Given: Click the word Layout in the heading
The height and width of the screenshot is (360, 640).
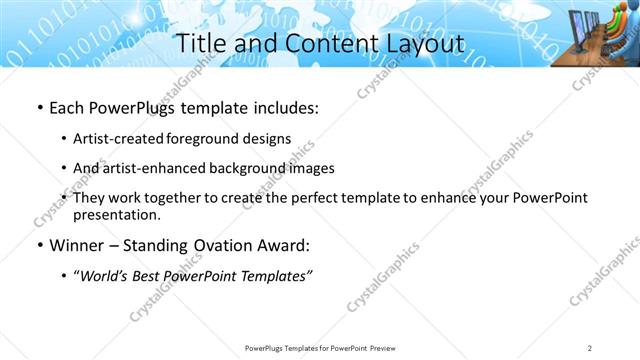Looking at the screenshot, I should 422,43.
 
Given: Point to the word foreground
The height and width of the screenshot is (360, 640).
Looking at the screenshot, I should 213,138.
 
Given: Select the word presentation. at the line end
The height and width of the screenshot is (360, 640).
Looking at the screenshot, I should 117,214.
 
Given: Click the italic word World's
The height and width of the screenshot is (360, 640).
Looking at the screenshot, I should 107,276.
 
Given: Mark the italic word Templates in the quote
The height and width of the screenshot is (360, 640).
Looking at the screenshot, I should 276,276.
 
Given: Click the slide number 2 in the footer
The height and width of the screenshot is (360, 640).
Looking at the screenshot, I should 590,348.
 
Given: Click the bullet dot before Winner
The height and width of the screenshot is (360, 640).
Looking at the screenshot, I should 39,246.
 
